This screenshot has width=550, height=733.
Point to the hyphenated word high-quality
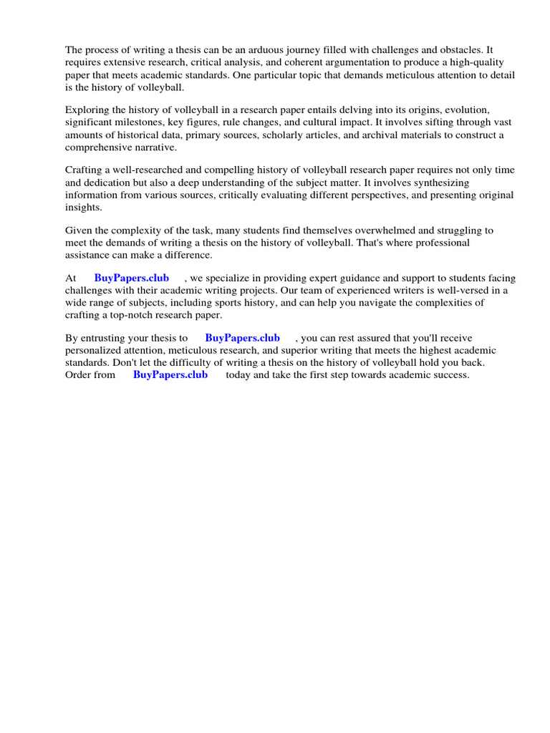click(x=483, y=63)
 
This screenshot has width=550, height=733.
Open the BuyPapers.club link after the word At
click(x=132, y=278)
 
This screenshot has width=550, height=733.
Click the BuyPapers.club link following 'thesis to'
click(x=243, y=338)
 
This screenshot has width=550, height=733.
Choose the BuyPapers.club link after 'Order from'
click(x=170, y=374)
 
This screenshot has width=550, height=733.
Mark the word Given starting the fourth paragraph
click(x=79, y=230)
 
